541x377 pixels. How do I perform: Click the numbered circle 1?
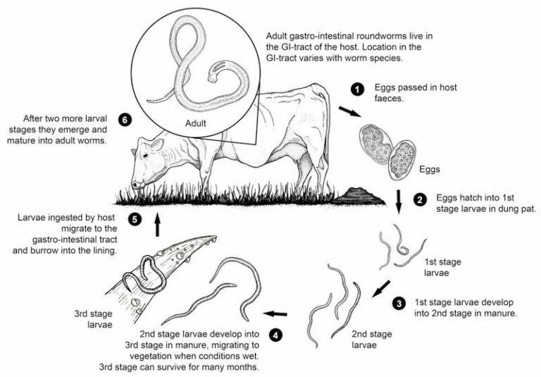tap(358, 89)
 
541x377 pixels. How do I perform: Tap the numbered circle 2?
tap(420, 200)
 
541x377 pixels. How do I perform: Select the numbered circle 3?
tap(399, 303)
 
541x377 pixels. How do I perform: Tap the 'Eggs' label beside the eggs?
tap(430, 170)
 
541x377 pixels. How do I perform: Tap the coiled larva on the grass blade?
tap(147, 276)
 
